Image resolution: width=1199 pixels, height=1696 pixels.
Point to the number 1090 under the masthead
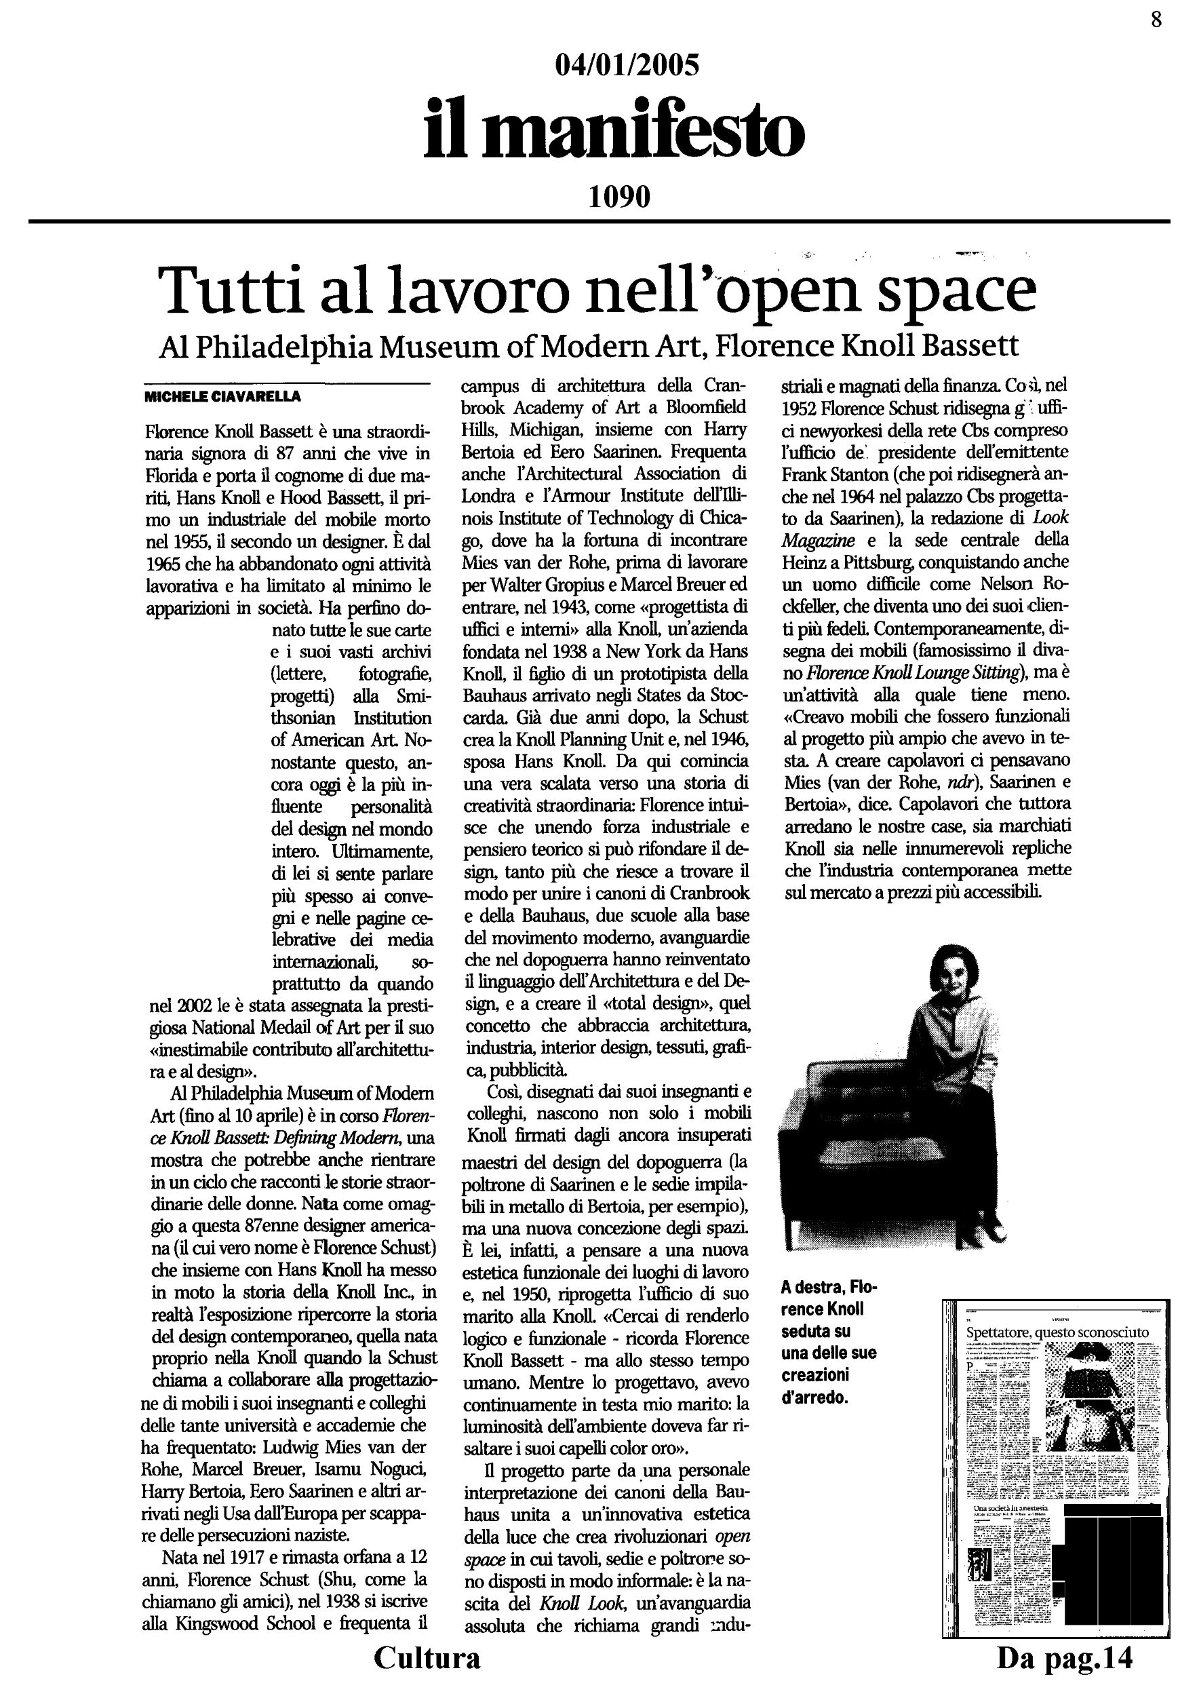619,197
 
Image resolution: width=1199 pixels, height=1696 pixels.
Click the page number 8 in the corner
1156,19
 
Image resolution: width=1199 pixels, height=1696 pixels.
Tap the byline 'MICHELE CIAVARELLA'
222,397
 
